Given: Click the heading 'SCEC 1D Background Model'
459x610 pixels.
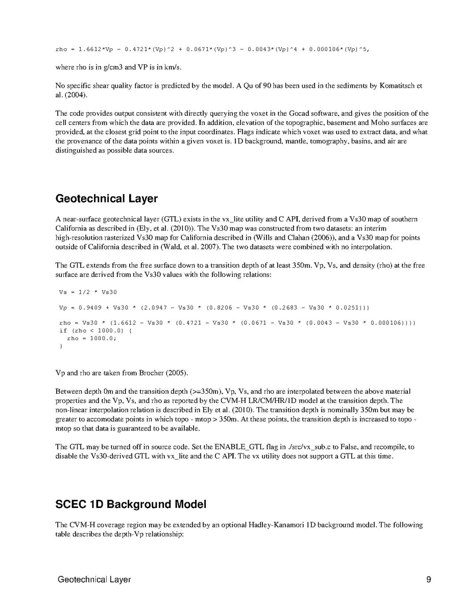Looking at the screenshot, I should [131, 504].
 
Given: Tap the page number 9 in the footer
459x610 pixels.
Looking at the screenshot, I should [428, 579].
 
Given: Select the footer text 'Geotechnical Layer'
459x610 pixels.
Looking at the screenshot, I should [94, 579].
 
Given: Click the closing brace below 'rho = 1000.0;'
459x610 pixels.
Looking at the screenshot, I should [61, 346].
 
